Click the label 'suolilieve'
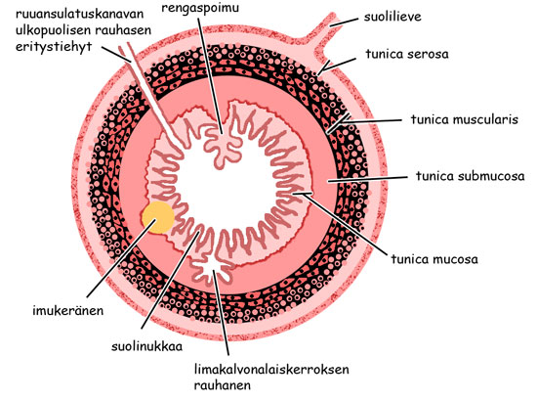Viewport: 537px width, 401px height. [x=392, y=17]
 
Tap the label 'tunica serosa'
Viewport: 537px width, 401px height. [x=407, y=54]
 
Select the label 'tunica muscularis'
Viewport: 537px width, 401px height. [x=464, y=119]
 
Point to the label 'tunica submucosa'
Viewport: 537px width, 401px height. [x=470, y=176]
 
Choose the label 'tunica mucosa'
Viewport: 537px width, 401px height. [x=434, y=259]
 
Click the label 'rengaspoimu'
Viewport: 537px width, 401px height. [x=200, y=8]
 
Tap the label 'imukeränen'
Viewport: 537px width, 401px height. [x=67, y=310]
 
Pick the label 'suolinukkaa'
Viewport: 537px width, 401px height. [x=146, y=346]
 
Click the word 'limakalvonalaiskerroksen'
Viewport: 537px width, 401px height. [x=271, y=370]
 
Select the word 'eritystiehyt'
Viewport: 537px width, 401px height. [x=54, y=47]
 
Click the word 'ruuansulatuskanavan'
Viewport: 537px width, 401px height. [x=79, y=14]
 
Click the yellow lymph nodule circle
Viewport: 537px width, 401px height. [x=158, y=217]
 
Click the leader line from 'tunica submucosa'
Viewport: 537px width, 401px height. [x=367, y=179]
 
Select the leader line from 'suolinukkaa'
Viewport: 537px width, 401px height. [x=170, y=281]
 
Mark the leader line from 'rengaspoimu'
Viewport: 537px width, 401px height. [x=210, y=74]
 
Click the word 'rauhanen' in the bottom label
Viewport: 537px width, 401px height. [x=223, y=385]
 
